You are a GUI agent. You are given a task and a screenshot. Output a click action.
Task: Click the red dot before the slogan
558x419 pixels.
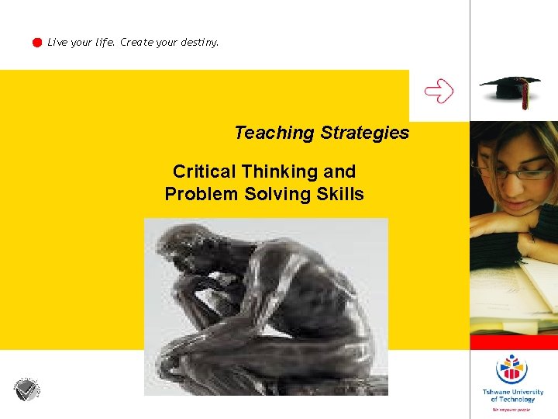click(36, 43)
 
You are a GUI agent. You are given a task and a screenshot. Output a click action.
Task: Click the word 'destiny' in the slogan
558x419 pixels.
click(199, 43)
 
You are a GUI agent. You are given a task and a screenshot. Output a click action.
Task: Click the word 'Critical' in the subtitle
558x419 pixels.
click(205, 171)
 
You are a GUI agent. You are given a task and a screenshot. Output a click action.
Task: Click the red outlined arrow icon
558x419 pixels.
click(439, 92)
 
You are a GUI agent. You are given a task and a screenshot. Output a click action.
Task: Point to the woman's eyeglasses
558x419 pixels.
click(508, 172)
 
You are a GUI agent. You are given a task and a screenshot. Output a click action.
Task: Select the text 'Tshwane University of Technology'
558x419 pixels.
click(512, 396)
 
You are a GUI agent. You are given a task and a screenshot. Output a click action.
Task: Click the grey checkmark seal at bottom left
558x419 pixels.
click(26, 390)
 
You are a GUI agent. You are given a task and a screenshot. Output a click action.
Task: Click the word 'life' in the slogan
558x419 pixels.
click(104, 43)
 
